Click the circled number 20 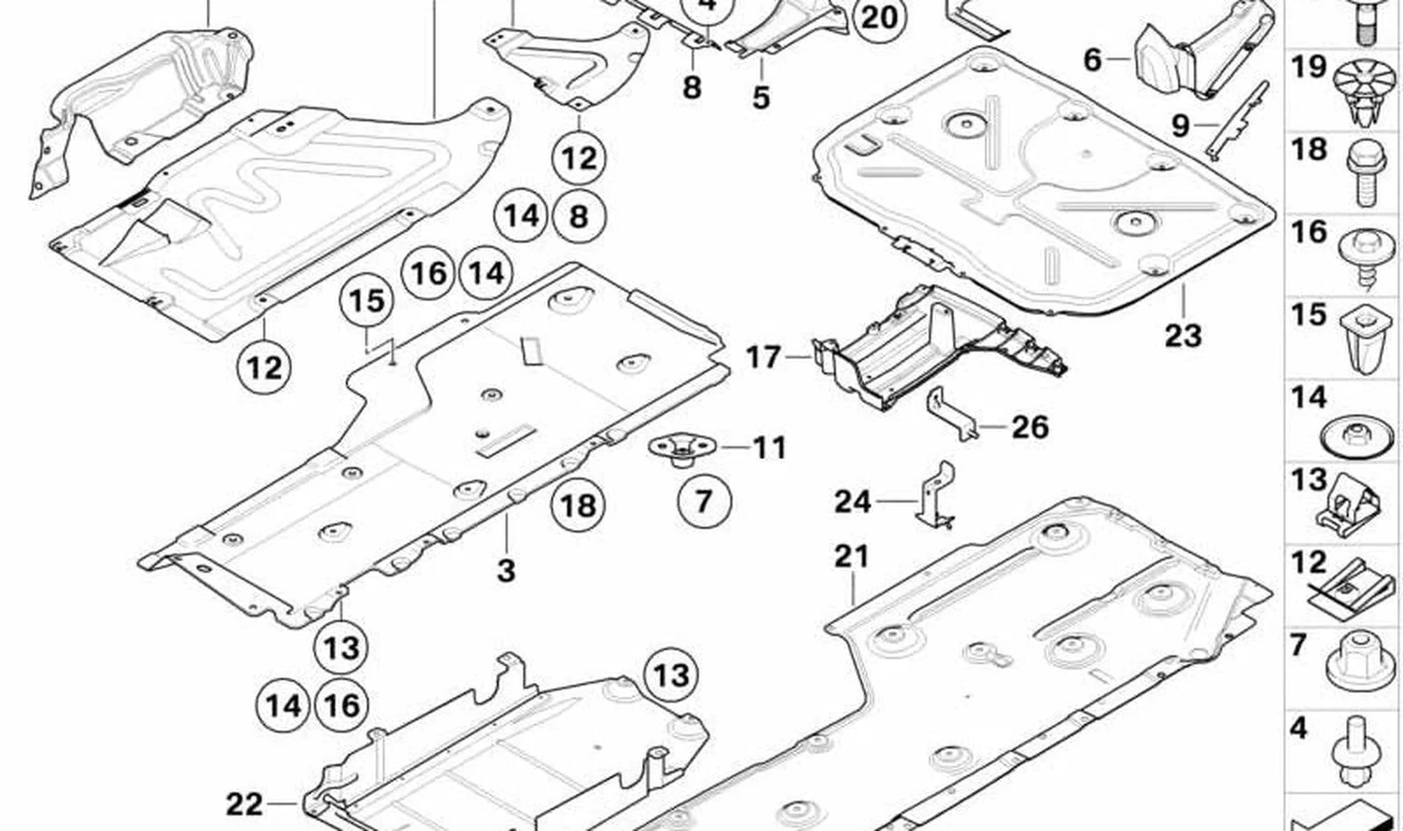click(x=880, y=18)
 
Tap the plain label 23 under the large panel click(x=1184, y=336)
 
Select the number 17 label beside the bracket click(x=764, y=358)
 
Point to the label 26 click(x=1031, y=428)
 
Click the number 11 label click(x=769, y=448)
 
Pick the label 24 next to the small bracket click(x=853, y=502)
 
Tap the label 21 click(x=852, y=557)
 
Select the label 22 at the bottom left click(x=244, y=805)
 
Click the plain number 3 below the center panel click(x=506, y=571)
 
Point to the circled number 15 click(x=366, y=300)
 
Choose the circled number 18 click(x=578, y=504)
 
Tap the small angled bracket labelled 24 click(x=936, y=495)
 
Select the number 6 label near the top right click(x=1091, y=60)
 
